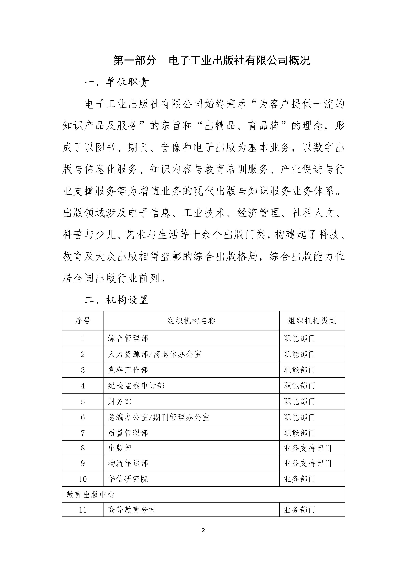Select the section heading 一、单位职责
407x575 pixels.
pyautogui.click(x=116, y=82)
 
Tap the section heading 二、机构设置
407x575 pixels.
pyautogui.click(x=116, y=300)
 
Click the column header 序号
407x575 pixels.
pyautogui.click(x=83, y=321)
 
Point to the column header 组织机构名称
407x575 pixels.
pyautogui.click(x=191, y=321)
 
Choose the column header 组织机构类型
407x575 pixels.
pyautogui.click(x=312, y=321)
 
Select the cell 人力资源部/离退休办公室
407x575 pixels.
pyautogui.click(x=155, y=354)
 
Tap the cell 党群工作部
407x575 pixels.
pyautogui.click(x=128, y=370)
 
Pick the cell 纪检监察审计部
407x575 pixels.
pyautogui.click(x=136, y=386)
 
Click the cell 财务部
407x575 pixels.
pyautogui.click(x=120, y=401)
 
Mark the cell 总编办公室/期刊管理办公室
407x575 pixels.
pyautogui.click(x=159, y=417)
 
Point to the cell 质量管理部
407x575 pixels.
pyautogui.click(x=128, y=433)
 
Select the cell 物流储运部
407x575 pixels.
pyautogui.click(x=128, y=463)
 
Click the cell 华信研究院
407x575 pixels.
pyautogui.click(x=128, y=479)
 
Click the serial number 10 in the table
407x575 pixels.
pyautogui.click(x=83, y=479)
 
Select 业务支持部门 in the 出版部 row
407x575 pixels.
pyautogui.click(x=307, y=448)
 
